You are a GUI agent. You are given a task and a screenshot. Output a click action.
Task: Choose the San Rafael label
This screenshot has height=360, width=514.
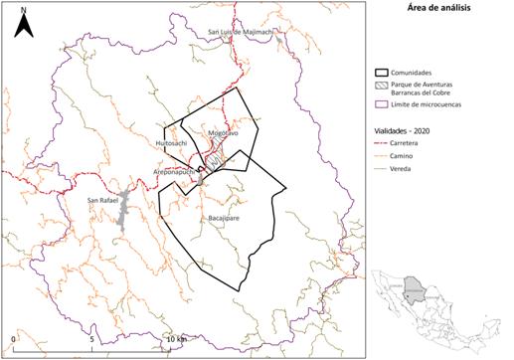click(104, 201)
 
